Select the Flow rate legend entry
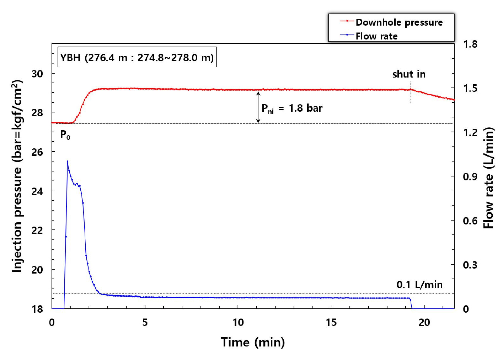point(376,36)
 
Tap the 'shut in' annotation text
point(409,74)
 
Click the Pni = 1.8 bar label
point(292,108)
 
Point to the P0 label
point(65,135)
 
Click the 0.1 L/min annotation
point(419,285)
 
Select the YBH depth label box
point(137,57)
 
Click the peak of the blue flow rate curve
point(67,161)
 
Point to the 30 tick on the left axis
point(37,74)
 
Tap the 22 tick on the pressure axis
point(37,231)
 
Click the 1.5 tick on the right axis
point(470,88)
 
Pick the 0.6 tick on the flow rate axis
point(470,221)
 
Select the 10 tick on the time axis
point(238,323)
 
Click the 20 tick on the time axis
point(424,323)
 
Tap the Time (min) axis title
point(253,342)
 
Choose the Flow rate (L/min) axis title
point(489,178)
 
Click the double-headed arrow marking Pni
point(258,107)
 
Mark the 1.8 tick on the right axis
point(470,44)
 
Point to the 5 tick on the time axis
point(145,323)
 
